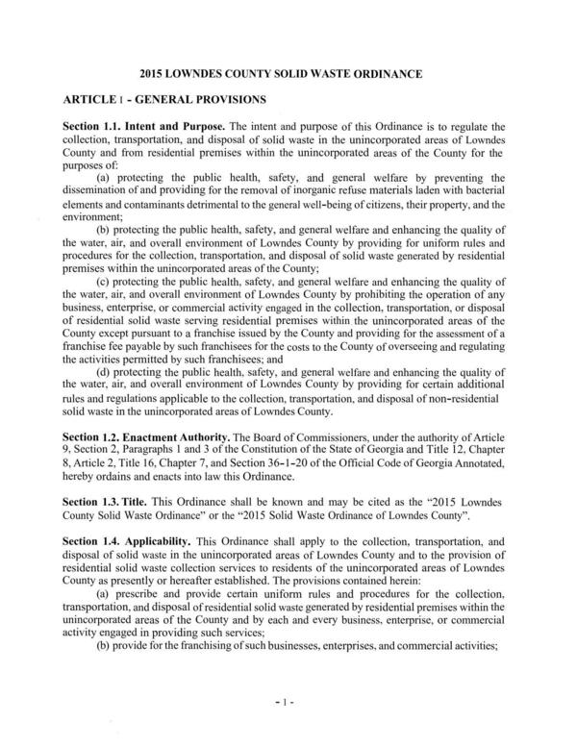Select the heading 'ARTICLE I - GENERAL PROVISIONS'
point(165,100)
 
